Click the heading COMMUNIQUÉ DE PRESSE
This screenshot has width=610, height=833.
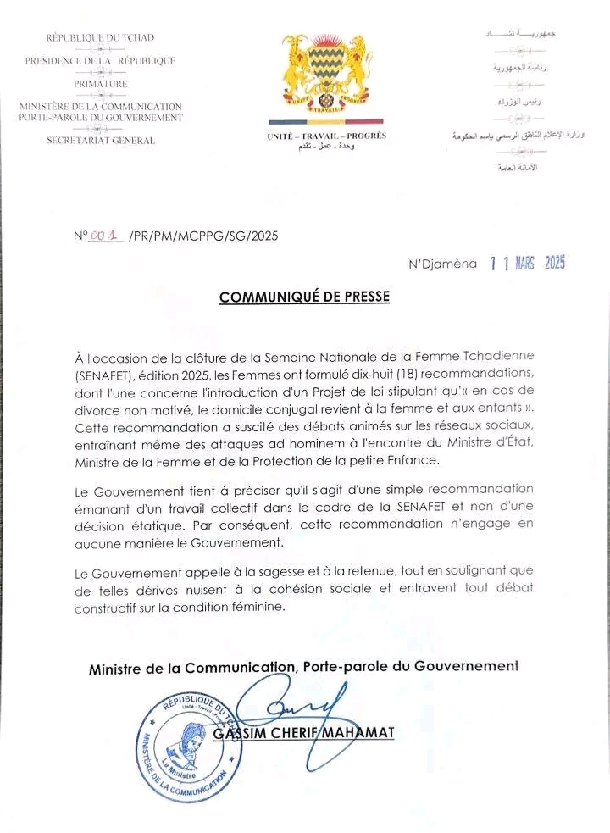[306, 297]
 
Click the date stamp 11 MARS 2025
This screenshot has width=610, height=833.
[527, 264]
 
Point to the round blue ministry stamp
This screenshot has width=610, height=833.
[185, 747]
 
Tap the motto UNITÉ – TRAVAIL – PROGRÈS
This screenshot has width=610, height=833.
[326, 136]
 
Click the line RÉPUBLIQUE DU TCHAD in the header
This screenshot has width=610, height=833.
[100, 38]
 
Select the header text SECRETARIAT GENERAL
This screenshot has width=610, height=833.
[101, 141]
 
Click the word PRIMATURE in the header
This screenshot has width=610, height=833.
[100, 84]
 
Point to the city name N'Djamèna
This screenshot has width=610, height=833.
[443, 264]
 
